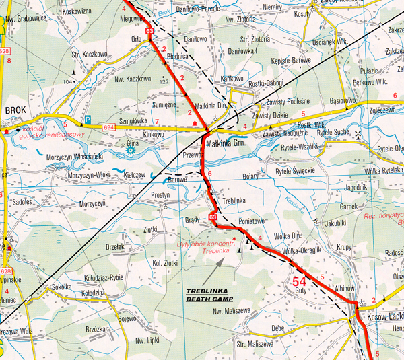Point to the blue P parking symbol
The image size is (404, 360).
87,119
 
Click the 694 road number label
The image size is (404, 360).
110,127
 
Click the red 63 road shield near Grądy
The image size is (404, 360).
213,217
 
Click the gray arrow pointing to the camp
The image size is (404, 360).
215,271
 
